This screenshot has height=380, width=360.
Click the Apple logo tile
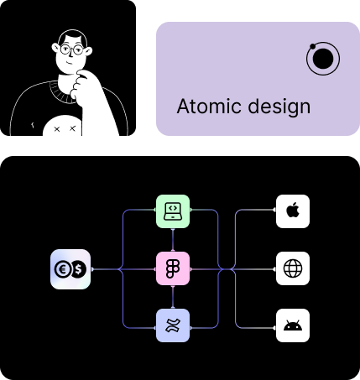coord(293,211)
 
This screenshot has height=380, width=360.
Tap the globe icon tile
coord(293,268)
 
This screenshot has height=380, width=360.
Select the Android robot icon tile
coord(293,325)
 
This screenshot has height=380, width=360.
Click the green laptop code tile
coord(173,211)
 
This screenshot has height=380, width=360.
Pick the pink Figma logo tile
coord(173,268)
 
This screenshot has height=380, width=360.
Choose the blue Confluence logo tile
coord(173,325)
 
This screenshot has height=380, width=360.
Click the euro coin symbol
coord(62,269)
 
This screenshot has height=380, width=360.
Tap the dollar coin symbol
coord(78,269)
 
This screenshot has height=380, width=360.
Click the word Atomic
coord(209,107)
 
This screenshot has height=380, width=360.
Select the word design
coord(279,107)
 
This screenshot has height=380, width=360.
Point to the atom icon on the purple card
coord(323,59)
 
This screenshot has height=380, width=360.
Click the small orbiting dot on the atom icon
coord(313,46)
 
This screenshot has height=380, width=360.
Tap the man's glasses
coord(72,49)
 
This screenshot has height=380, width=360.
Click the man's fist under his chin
coord(81,84)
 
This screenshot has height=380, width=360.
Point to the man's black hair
coord(72,36)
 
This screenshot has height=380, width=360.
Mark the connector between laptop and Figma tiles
coord(173,240)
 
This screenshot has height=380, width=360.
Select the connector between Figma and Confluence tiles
coord(173,297)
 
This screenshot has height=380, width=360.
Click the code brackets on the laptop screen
coord(173,208)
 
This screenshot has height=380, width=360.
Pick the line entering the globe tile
coord(253,269)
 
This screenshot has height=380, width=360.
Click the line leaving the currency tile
coord(105,269)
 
